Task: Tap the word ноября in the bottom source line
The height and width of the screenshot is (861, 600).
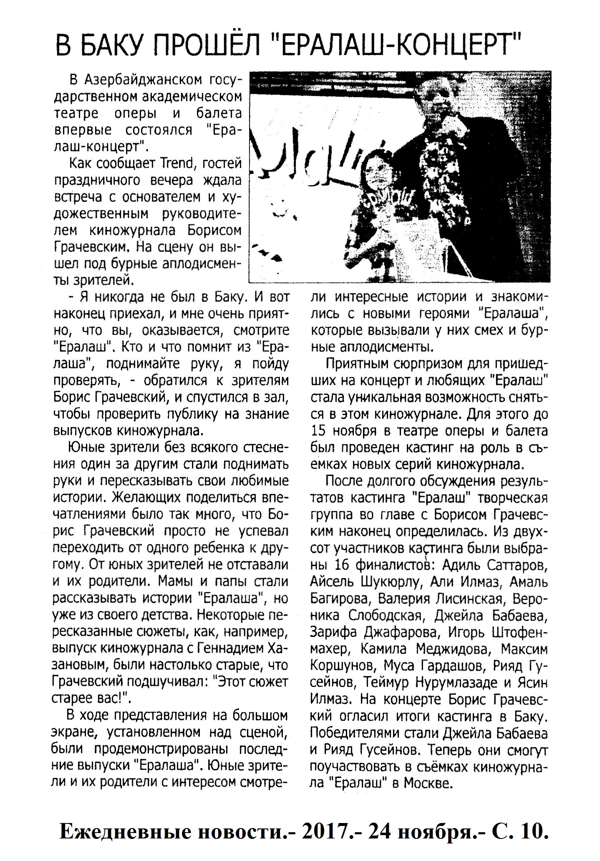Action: coord(435,821)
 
